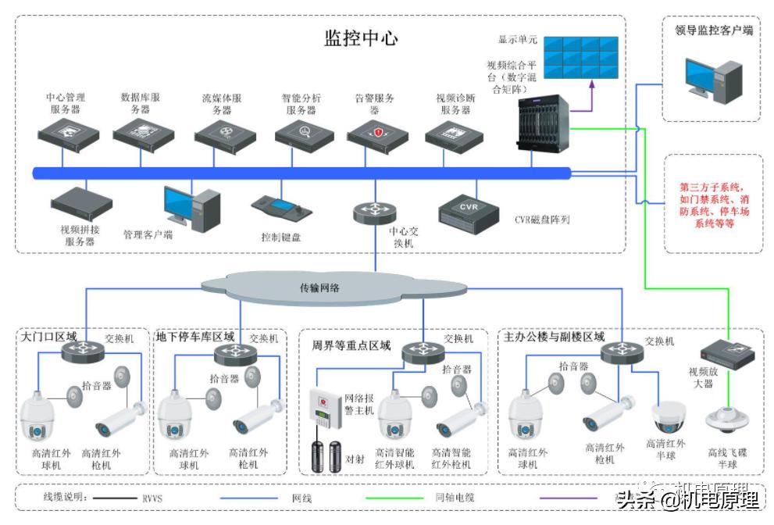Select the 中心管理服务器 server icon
tap(70, 136)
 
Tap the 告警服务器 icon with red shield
tap(378, 135)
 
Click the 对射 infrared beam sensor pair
tap(326, 458)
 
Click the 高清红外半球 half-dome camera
tap(669, 418)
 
